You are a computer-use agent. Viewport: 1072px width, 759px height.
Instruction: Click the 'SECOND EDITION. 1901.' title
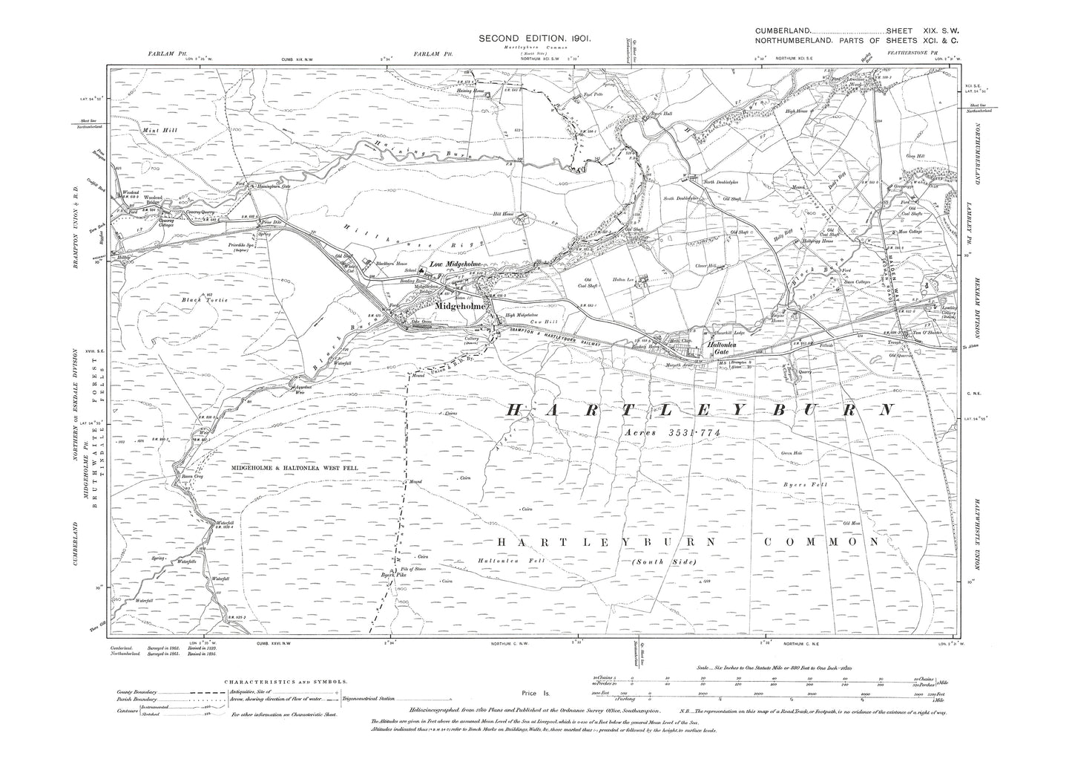tap(534, 38)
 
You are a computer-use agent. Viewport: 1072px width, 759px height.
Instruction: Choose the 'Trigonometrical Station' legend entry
tap(374, 699)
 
